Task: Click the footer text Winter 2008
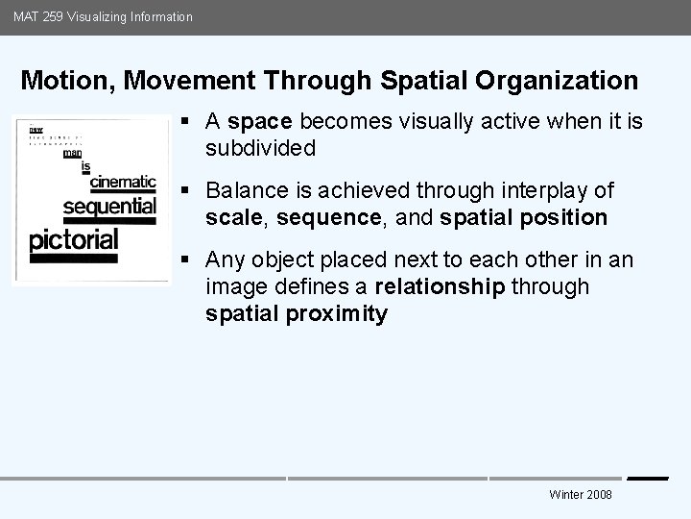coord(581,494)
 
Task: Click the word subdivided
coord(259,149)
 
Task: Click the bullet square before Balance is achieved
coord(184,191)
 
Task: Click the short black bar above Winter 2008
coord(648,478)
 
